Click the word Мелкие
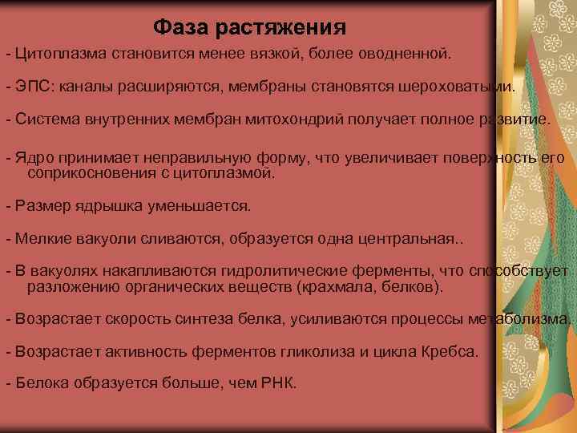click(41, 238)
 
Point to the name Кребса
click(450, 352)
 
